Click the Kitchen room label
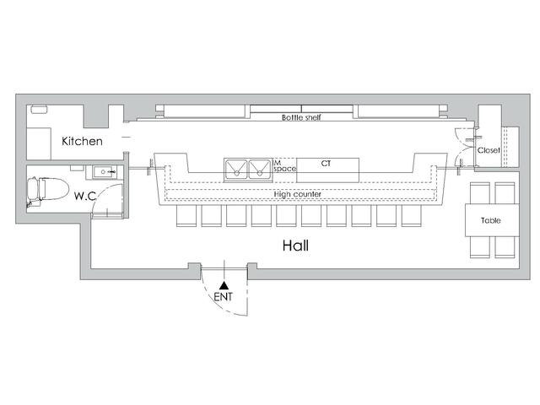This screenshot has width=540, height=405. point(82,141)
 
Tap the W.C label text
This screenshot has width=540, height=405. point(84,196)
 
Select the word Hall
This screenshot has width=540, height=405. point(295,246)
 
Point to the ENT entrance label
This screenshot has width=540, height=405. point(223,296)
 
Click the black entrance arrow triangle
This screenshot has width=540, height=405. point(224,285)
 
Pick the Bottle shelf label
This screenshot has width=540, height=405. point(301,117)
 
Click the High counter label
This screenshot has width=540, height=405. point(298,194)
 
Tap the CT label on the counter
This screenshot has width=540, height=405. point(326,163)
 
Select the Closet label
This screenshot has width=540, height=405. point(489,150)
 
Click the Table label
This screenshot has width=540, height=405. point(491,220)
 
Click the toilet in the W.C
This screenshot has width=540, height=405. point(47,189)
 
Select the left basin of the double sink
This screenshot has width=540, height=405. point(236,169)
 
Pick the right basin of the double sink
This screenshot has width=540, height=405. point(259,169)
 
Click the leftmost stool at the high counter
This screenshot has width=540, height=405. point(186,216)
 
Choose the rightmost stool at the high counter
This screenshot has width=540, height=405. point(412,216)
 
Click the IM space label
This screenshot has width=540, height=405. point(284,165)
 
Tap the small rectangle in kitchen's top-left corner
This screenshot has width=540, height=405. point(40,110)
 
